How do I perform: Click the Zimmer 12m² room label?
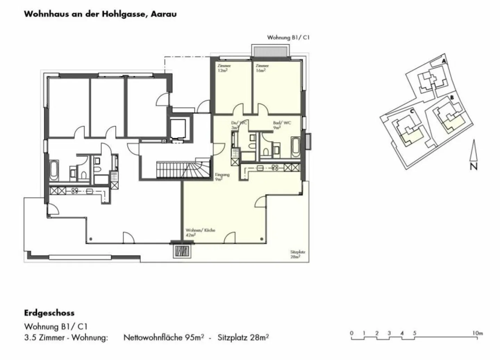(x=224, y=68)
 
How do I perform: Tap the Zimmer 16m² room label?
(x=262, y=68)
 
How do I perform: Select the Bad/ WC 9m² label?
(x=282, y=125)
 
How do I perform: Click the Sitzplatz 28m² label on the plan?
(x=295, y=254)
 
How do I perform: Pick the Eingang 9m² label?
(x=222, y=177)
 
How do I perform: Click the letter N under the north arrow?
(x=474, y=167)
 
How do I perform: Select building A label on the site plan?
(x=443, y=61)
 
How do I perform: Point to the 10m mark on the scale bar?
(x=478, y=333)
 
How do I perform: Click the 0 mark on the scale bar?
(x=351, y=333)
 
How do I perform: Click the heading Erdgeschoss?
(x=49, y=313)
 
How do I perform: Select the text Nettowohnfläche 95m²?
(x=164, y=337)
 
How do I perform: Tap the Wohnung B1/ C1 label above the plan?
(x=288, y=37)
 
